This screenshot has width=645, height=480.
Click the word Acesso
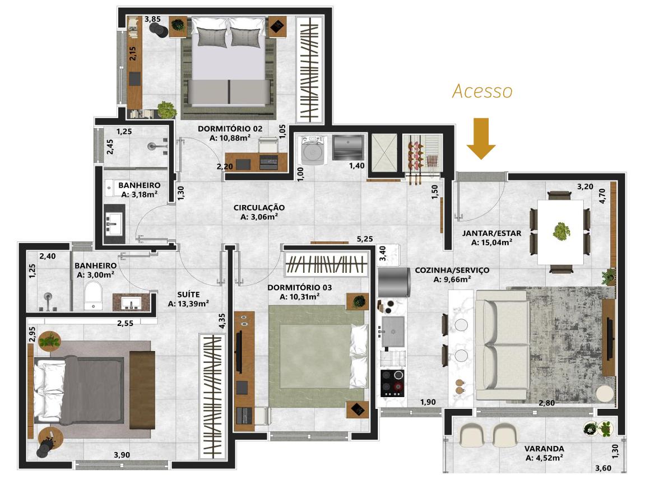point(482,91)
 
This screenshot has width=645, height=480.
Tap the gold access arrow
point(481,138)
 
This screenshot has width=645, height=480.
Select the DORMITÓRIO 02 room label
point(230,129)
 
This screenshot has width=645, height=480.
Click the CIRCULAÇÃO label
point(259,208)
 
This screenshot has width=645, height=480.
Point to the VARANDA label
point(544,449)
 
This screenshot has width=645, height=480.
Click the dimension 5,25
point(365,239)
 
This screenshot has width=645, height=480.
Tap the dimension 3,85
point(152,19)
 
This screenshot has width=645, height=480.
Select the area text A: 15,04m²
point(491,243)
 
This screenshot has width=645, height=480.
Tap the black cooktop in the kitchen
point(392,383)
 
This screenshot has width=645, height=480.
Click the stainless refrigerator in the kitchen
point(394,282)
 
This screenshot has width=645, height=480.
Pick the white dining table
point(560,232)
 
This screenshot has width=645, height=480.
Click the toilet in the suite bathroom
point(94,295)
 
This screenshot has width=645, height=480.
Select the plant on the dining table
point(561,231)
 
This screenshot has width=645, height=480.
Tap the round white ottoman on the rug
point(605,394)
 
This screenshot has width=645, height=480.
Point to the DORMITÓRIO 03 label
point(299,287)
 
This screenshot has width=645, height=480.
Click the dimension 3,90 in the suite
point(122,455)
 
